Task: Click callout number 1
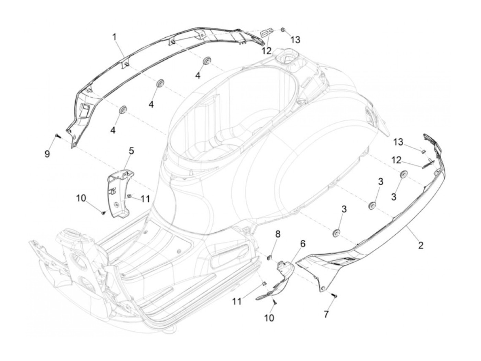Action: click(x=115, y=36)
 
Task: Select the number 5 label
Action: click(x=131, y=151)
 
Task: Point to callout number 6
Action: click(x=303, y=244)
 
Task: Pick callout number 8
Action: click(x=277, y=234)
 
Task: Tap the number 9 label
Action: click(x=47, y=154)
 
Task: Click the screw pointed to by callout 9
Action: click(x=57, y=136)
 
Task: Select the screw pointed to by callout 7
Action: click(x=335, y=296)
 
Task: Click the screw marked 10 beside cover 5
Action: click(x=103, y=213)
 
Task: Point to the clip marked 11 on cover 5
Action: click(x=130, y=196)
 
